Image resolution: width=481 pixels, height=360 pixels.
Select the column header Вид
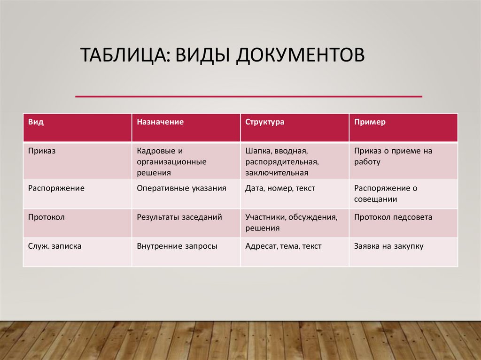(36, 122)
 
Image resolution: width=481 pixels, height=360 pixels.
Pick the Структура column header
(264, 122)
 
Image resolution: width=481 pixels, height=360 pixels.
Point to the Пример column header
(370, 122)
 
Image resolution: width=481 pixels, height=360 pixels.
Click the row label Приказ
(42, 151)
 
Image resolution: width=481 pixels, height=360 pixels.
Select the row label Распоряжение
(56, 188)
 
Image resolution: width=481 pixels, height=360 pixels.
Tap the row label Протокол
(46, 217)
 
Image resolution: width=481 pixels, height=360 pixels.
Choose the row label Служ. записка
(54, 246)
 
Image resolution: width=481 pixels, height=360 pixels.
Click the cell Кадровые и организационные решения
(171, 161)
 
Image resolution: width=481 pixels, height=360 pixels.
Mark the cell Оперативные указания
(181, 188)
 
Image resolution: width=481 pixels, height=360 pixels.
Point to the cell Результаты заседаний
(179, 217)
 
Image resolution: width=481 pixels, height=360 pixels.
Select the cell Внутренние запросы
(177, 246)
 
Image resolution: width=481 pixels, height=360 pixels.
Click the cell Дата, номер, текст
(280, 188)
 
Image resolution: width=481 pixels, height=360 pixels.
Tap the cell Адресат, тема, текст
(283, 246)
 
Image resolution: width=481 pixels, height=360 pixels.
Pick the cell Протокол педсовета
(393, 217)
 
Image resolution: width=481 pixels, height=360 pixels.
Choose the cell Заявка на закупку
(389, 246)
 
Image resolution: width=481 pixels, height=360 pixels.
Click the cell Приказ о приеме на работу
(393, 156)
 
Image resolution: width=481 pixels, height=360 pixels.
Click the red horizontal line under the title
(248, 97)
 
